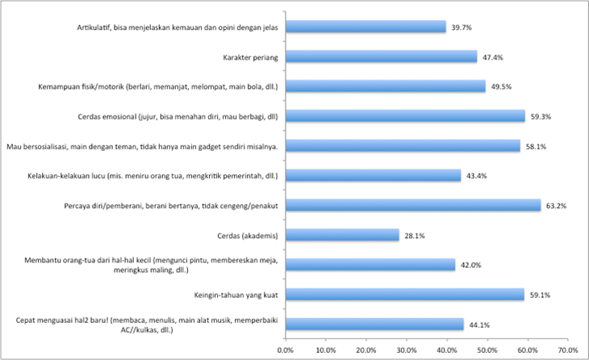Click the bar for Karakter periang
pyautogui.click(x=381, y=57)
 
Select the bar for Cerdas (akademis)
pyautogui.click(x=342, y=235)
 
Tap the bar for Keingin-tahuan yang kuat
pyautogui.click(x=404, y=295)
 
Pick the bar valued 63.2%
pyautogui.click(x=412, y=205)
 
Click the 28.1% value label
pyautogui.click(x=416, y=235)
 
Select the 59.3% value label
pyautogui.click(x=541, y=116)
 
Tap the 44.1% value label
pyautogui.click(x=480, y=324)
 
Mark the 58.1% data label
pyautogui.click(x=537, y=146)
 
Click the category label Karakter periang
pyautogui.click(x=250, y=57)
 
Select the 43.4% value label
pyautogui.click(x=477, y=176)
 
